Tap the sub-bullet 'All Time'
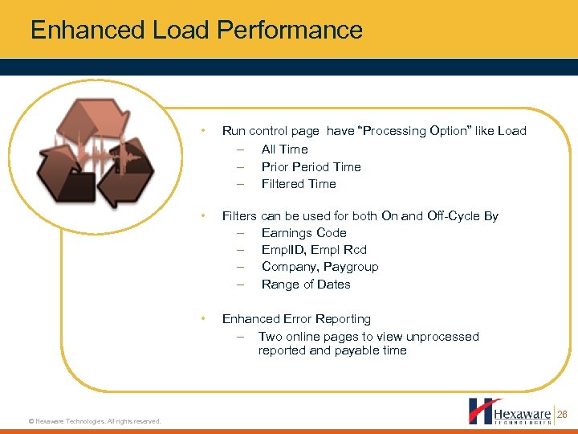[x=284, y=149]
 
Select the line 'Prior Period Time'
[x=311, y=167]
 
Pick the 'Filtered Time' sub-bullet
[x=299, y=184]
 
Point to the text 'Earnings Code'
[x=303, y=233]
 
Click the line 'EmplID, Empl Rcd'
[x=314, y=250]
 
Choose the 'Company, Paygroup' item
[x=320, y=267]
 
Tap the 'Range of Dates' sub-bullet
[x=306, y=285]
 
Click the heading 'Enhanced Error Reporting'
[x=296, y=319]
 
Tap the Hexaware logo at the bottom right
[x=510, y=411]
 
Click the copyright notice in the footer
[x=94, y=421]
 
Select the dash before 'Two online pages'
[x=240, y=337]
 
